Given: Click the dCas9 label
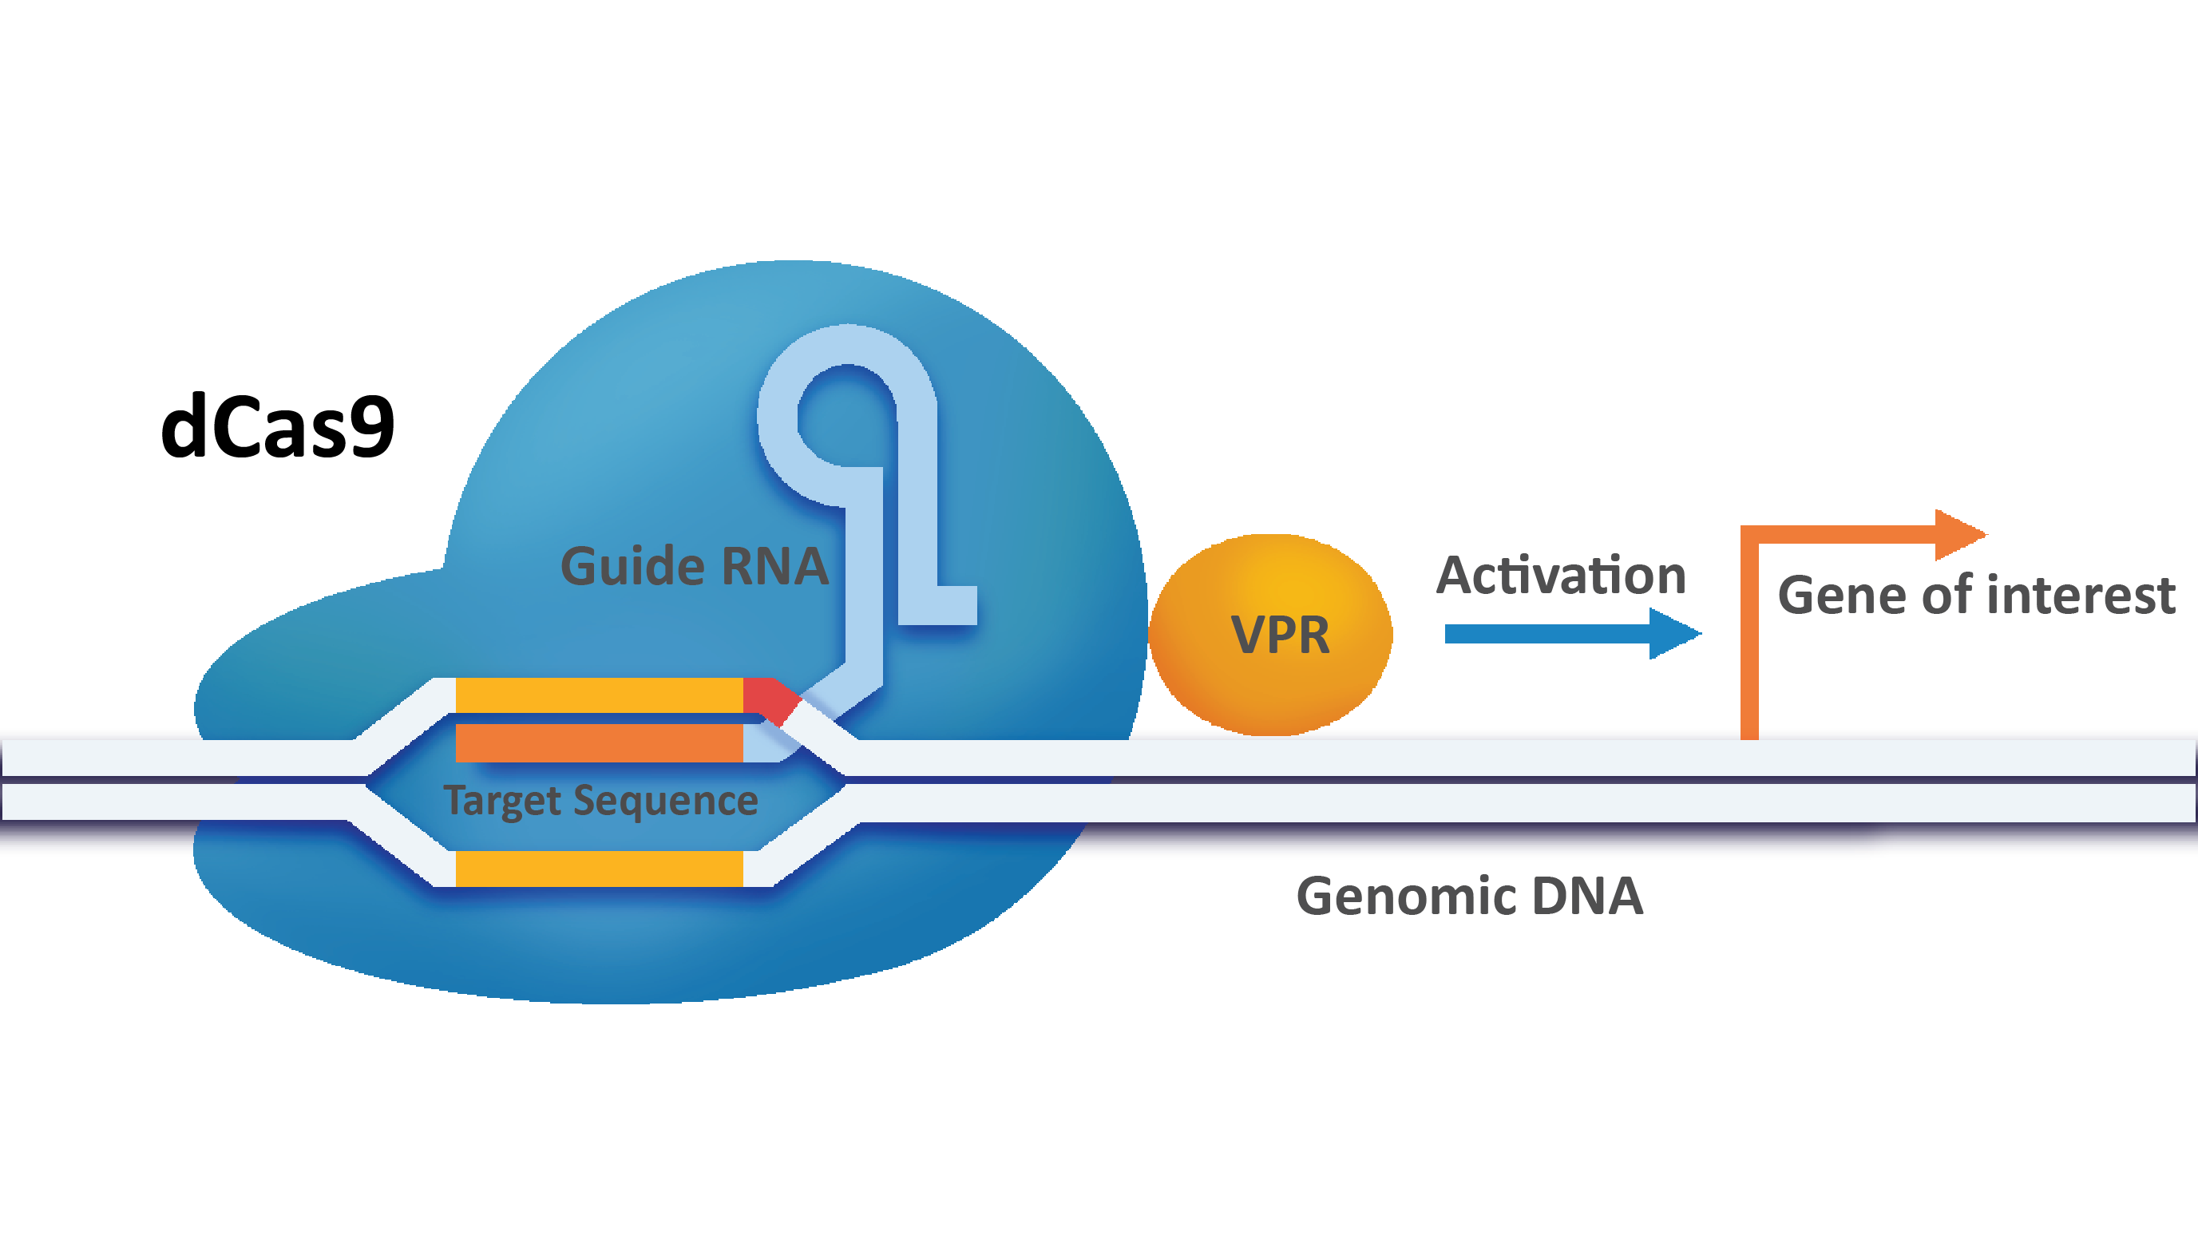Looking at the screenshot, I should point(278,426).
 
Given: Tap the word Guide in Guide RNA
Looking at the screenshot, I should point(632,568).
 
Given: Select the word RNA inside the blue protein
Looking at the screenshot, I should point(774,568).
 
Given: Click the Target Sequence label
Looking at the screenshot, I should point(600,800).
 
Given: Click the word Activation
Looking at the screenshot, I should point(1561,576).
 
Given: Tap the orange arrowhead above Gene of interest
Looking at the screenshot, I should point(1958,534).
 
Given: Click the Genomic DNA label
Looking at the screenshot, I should point(1469,896).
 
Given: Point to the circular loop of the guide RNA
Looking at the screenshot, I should point(846,414).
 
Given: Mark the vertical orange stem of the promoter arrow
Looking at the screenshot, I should point(1749,639).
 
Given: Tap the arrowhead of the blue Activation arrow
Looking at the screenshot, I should point(1673,634).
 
